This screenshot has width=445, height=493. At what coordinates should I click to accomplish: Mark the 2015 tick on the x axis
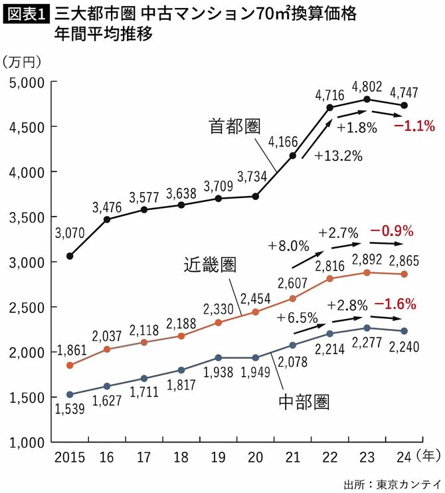click(x=70, y=456)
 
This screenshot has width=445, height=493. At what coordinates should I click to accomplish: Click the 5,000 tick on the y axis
click(x=27, y=82)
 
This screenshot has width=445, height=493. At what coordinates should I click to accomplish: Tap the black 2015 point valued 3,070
click(x=70, y=256)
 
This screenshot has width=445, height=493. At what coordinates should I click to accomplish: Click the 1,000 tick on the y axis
click(x=27, y=442)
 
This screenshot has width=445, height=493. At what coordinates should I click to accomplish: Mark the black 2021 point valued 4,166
click(x=293, y=155)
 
